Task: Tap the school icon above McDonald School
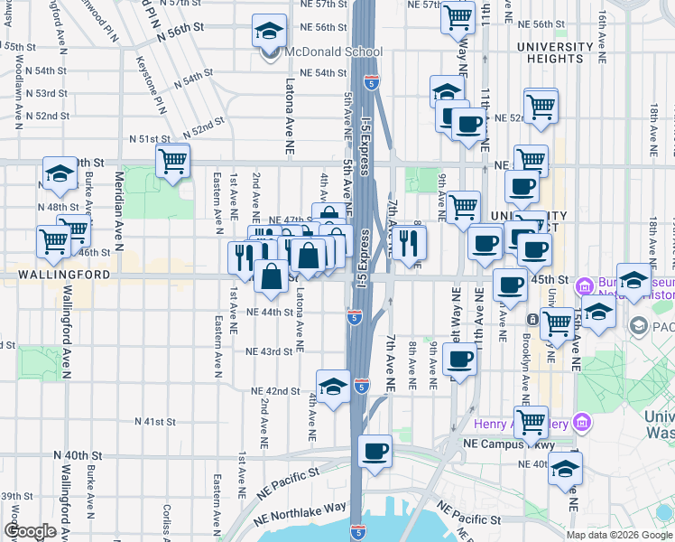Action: click(268, 33)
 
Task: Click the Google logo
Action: click(30, 532)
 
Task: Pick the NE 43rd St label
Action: click(269, 351)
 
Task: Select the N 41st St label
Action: click(154, 422)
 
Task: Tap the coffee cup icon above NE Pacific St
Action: click(374, 452)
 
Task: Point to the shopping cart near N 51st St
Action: click(171, 163)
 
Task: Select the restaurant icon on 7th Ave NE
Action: click(409, 243)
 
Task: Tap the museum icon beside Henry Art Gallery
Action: click(583, 423)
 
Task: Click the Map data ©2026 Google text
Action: click(618, 535)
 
